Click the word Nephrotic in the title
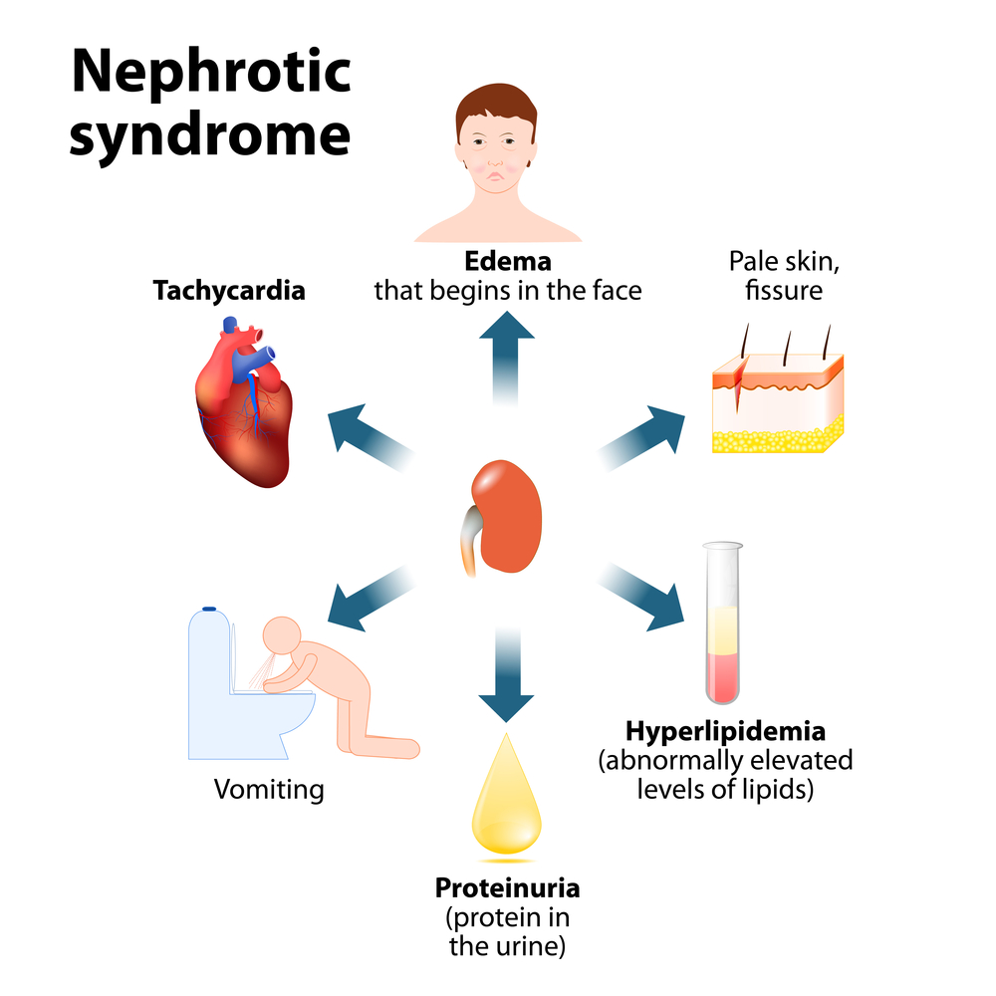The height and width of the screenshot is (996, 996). coord(210,73)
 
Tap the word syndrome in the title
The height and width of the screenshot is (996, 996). coord(210,136)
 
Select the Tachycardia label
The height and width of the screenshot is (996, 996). coord(229,291)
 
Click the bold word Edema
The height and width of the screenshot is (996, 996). coord(508,263)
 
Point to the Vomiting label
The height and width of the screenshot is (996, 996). coord(269,790)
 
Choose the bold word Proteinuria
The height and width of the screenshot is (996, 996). coord(507,886)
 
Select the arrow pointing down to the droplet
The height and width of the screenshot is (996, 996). coord(507,677)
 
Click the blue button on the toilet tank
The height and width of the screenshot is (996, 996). coord(209,608)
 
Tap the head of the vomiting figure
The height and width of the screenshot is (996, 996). coord(282,637)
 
